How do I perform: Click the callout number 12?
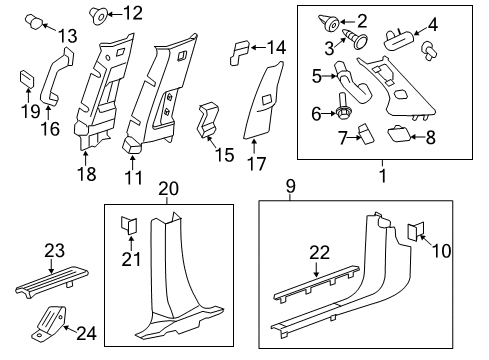click(x=132, y=13)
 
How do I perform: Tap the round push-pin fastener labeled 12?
click(x=100, y=14)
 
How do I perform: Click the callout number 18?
click(x=88, y=175)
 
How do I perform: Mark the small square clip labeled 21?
click(x=128, y=226)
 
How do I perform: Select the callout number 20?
click(x=167, y=189)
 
